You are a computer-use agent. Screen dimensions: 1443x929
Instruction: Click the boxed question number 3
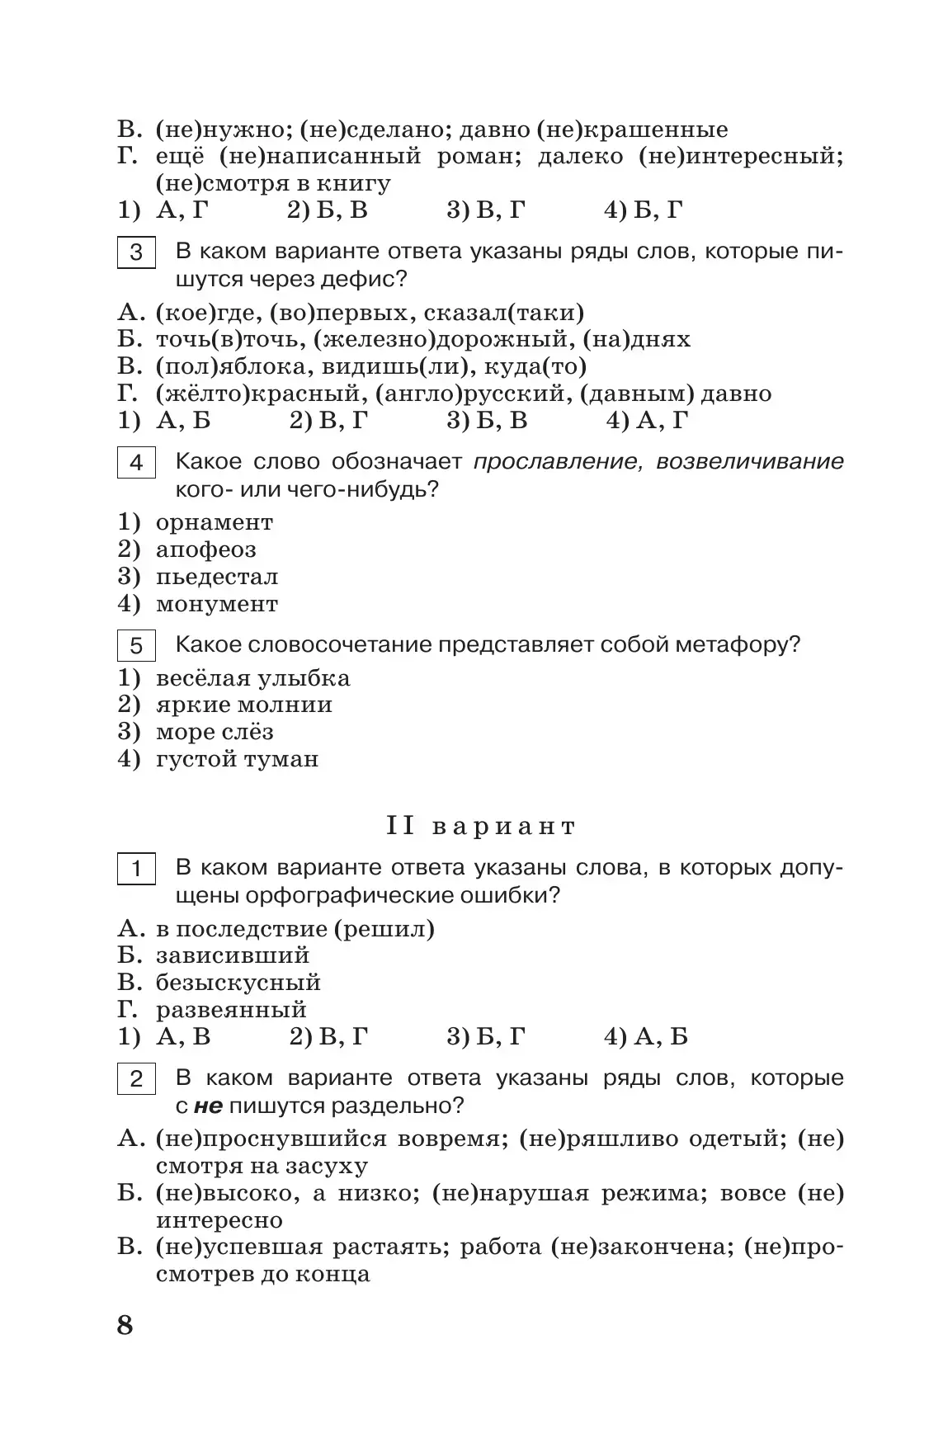click(136, 252)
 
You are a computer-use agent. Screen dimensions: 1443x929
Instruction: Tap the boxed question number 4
click(136, 463)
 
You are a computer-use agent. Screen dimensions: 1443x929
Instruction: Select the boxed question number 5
click(136, 645)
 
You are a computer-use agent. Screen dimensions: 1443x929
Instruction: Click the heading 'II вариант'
click(481, 827)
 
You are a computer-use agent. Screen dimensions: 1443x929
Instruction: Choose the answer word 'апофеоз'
click(205, 549)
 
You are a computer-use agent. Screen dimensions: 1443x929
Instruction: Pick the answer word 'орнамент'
click(214, 522)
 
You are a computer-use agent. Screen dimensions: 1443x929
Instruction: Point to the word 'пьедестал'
click(216, 577)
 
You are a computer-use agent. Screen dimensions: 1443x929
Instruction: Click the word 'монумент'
click(216, 604)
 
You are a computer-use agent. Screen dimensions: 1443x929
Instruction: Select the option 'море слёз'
click(214, 732)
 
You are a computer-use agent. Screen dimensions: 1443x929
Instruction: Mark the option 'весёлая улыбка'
click(252, 678)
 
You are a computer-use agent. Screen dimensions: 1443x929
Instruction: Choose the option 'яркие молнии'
click(243, 705)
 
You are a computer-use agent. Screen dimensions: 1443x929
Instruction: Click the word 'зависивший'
click(232, 955)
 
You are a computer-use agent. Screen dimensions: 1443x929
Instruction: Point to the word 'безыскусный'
click(238, 983)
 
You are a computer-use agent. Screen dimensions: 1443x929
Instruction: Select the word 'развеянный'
click(231, 1010)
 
